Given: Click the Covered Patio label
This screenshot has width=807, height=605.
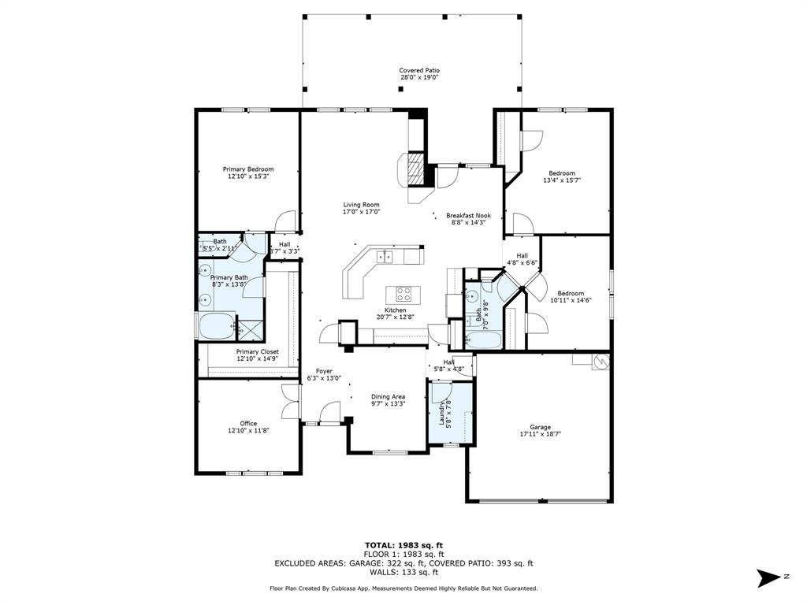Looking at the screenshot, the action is (419, 70).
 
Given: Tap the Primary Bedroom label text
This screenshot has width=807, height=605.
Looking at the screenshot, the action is (248, 169).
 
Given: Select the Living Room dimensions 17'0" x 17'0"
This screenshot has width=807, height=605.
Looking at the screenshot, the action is (361, 211).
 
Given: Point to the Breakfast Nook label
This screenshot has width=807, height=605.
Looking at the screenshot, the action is (468, 216).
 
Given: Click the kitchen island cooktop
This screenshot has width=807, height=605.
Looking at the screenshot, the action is (403, 295).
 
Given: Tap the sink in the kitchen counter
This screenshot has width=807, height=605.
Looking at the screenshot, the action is (384, 256).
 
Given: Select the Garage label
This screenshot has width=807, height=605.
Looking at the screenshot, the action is (541, 427).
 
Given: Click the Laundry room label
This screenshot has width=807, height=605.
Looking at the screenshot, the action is (441, 414).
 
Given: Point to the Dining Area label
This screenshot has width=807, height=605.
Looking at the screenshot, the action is (388, 397).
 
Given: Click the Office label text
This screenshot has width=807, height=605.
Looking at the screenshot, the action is (248, 423).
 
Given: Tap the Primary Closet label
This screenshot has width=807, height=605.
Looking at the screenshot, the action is (258, 352).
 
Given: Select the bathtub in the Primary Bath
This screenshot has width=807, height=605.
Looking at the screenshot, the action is (216, 326).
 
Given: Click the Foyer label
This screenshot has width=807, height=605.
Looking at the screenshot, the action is (324, 371).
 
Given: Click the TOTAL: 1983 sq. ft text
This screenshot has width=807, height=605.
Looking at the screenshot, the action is (404, 545).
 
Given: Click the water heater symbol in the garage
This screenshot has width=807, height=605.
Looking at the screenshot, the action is (601, 362).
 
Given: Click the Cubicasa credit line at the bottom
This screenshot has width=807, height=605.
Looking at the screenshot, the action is (403, 588).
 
